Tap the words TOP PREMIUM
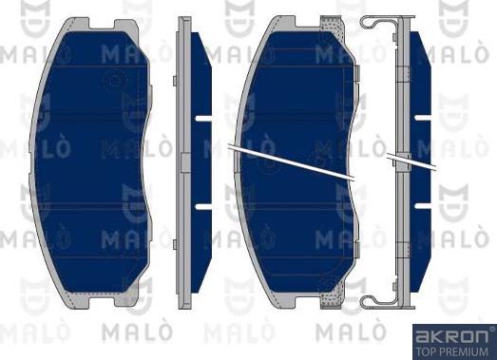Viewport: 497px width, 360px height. pos(451,350)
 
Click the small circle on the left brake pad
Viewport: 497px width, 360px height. pos(113,80)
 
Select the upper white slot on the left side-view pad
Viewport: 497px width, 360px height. pos(201,120)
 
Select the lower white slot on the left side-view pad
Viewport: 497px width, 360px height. pos(201,204)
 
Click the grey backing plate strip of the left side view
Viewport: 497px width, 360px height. pos(183,161)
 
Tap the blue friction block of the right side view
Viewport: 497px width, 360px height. pos(424,161)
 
